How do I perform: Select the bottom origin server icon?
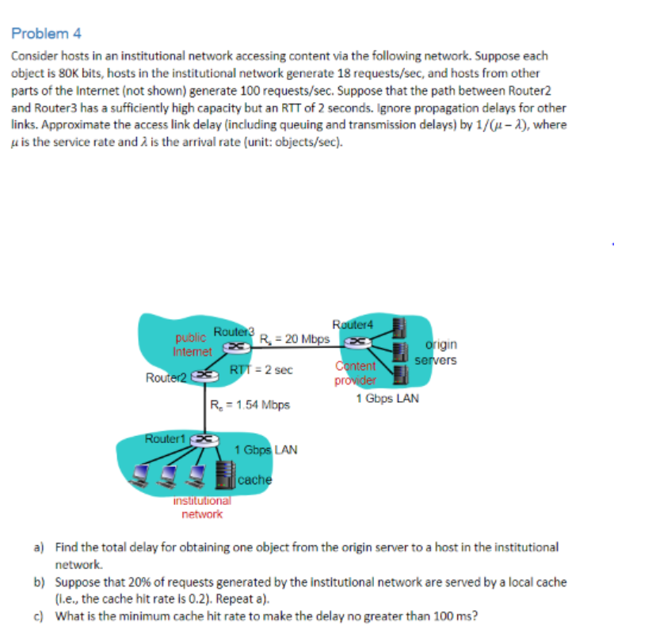click(x=400, y=373)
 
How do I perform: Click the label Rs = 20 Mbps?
click(x=295, y=339)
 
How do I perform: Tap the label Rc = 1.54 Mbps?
click(x=250, y=405)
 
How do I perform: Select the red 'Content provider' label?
click(x=356, y=372)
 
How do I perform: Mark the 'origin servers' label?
click(x=441, y=353)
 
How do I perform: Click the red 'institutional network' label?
click(x=201, y=507)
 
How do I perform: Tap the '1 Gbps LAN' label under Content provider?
click(x=387, y=398)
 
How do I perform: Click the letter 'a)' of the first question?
click(x=38, y=547)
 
